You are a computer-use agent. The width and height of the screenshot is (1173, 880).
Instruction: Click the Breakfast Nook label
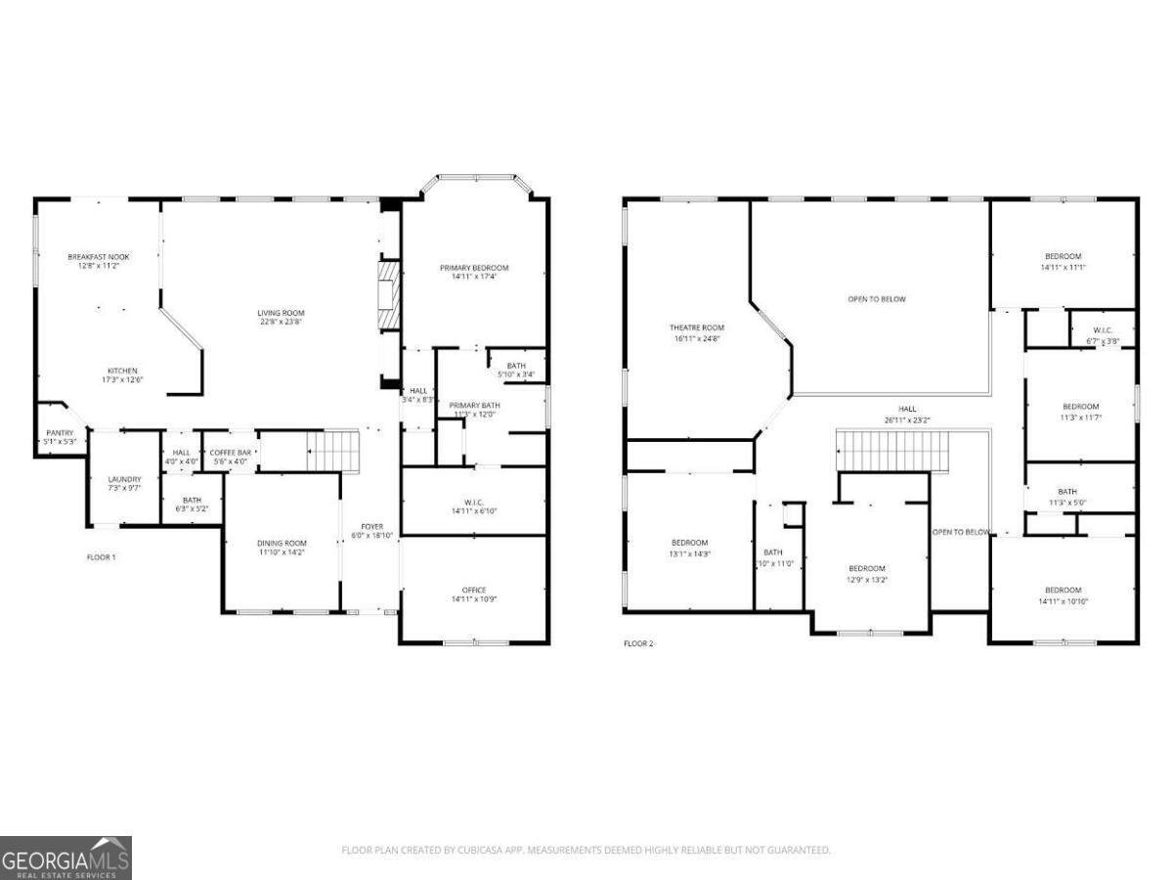[98, 261]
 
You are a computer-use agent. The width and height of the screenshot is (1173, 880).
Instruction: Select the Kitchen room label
[123, 375]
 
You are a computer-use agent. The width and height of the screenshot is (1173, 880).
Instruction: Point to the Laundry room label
[124, 483]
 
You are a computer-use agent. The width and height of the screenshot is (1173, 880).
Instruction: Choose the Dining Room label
[282, 548]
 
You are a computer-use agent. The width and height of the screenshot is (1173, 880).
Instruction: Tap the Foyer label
[372, 531]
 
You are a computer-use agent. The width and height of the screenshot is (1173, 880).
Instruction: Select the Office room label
[473, 594]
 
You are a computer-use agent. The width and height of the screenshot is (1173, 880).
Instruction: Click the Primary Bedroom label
[474, 272]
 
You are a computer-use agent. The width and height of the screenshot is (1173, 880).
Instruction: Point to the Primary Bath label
[474, 410]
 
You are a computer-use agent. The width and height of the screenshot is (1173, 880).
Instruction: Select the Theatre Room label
[697, 332]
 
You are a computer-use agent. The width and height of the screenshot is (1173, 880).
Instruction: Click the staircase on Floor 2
[892, 452]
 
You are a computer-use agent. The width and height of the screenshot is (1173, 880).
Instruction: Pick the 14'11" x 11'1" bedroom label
[1063, 261]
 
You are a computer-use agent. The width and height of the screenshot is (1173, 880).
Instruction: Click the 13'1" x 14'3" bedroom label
[689, 548]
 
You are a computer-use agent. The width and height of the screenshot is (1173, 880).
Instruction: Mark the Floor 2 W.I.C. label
[1102, 336]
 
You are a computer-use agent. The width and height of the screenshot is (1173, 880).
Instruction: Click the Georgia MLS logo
[65, 858]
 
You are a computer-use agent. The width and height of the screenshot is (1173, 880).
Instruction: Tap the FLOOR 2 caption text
[639, 643]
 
